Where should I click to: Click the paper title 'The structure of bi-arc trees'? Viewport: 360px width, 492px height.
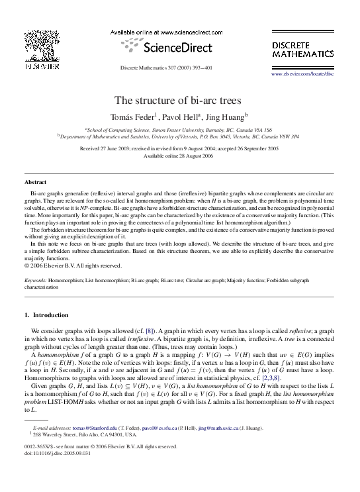(180, 101)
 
